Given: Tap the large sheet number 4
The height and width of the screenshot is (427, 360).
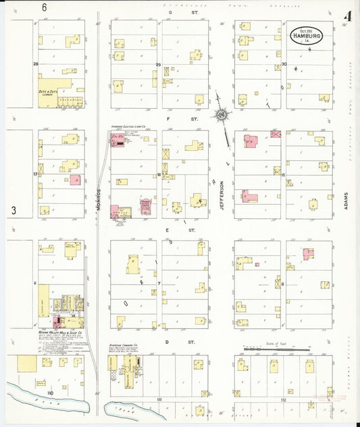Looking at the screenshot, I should tap(347, 16).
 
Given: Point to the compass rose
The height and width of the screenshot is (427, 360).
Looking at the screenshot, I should tap(221, 116).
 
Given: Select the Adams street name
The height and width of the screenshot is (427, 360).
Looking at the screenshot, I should tap(344, 199).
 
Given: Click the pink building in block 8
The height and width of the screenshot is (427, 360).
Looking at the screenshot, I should tap(309, 254).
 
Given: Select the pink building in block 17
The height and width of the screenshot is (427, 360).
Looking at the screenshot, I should tap(74, 180).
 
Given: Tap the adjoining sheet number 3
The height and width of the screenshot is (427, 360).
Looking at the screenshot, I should tap(13, 211).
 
